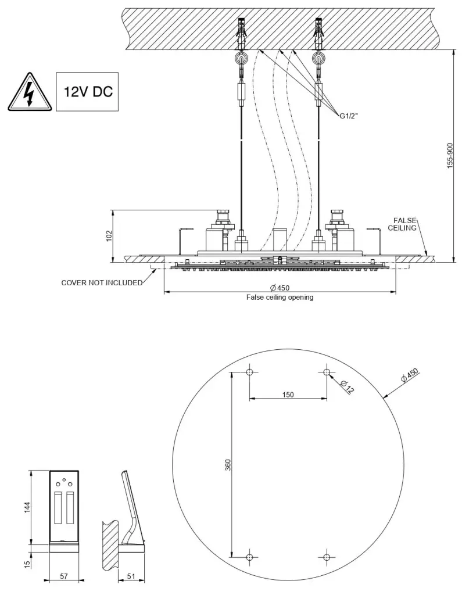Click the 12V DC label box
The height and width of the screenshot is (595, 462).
click(87, 92)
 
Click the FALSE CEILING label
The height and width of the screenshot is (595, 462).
click(405, 224)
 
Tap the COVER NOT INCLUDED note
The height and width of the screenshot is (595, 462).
click(102, 283)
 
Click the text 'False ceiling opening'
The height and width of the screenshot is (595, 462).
click(280, 297)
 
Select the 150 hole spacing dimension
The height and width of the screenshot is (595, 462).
click(288, 395)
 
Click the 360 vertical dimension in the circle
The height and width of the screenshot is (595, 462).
click(228, 465)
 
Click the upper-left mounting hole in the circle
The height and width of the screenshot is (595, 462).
click(250, 372)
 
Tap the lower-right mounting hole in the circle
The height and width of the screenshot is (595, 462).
click(327, 557)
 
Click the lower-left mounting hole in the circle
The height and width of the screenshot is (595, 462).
click(250, 557)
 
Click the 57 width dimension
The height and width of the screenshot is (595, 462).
click(65, 576)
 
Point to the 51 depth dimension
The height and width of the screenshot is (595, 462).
click(131, 576)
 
